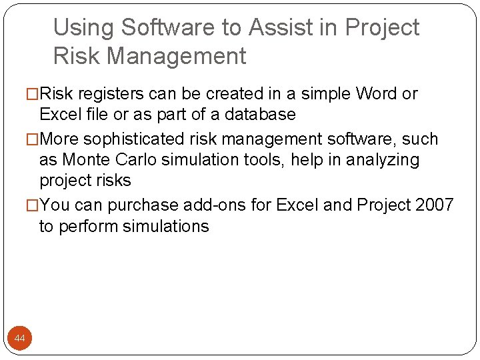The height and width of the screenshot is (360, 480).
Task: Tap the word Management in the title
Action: [x=176, y=56]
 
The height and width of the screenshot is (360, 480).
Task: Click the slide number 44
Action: [x=19, y=339]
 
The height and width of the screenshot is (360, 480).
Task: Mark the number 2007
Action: [x=434, y=205]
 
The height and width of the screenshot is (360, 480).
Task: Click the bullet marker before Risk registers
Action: [x=33, y=94]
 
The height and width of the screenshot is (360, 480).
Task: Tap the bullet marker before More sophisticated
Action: [x=33, y=139]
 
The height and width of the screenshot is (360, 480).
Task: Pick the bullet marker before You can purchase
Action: [x=33, y=205]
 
